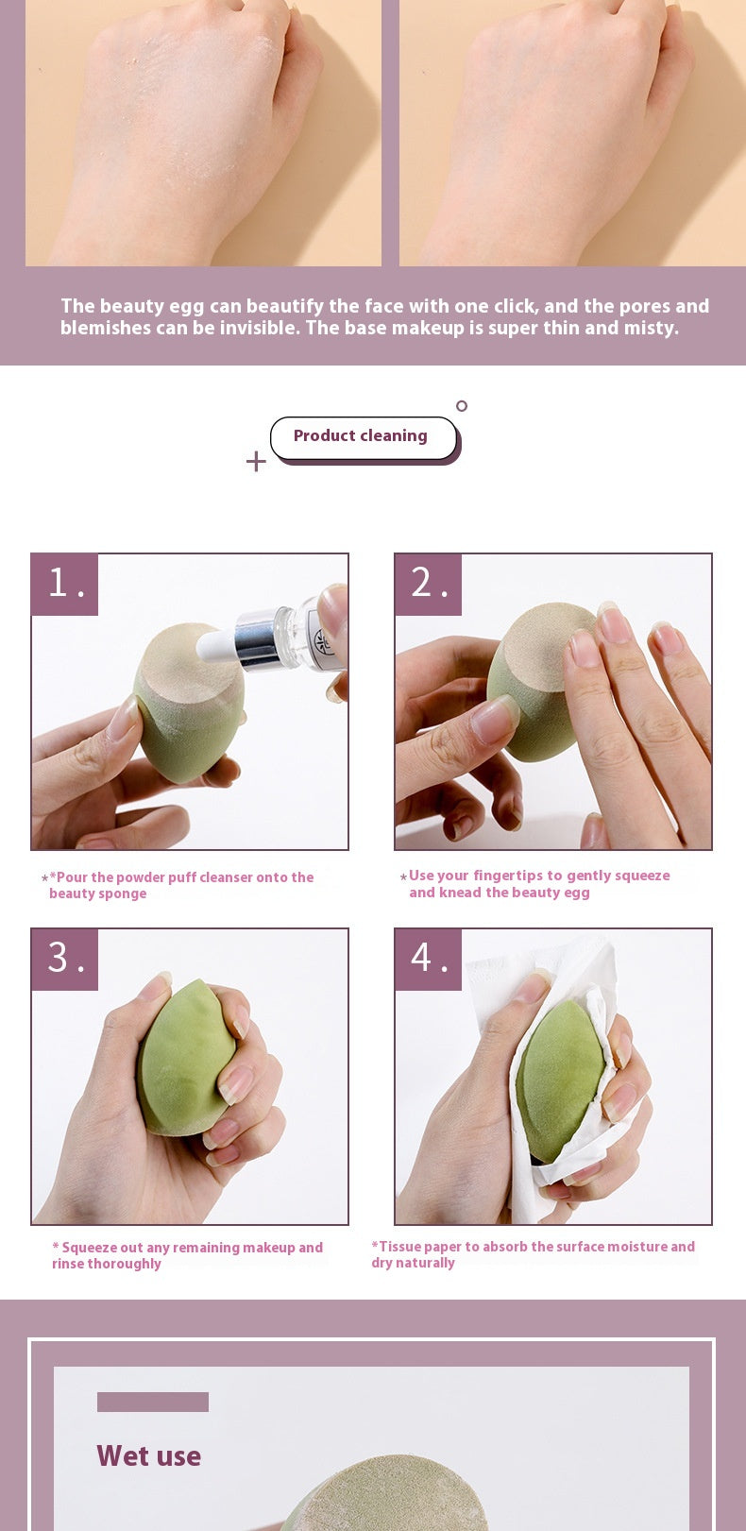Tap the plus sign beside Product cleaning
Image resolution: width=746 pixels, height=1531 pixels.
click(256, 461)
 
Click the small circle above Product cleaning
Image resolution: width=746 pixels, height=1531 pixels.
click(462, 406)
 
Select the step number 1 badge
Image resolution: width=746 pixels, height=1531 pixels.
click(65, 585)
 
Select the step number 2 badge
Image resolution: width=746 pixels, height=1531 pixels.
click(429, 585)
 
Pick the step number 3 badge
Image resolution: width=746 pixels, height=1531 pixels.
click(65, 960)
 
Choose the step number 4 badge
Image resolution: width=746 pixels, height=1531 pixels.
click(429, 960)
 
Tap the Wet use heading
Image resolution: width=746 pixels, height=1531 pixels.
click(148, 1456)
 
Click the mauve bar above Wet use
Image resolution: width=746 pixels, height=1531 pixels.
click(152, 1402)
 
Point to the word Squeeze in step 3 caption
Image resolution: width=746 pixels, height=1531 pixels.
click(91, 1248)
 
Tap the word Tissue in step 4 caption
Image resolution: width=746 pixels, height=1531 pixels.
click(398, 1247)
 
